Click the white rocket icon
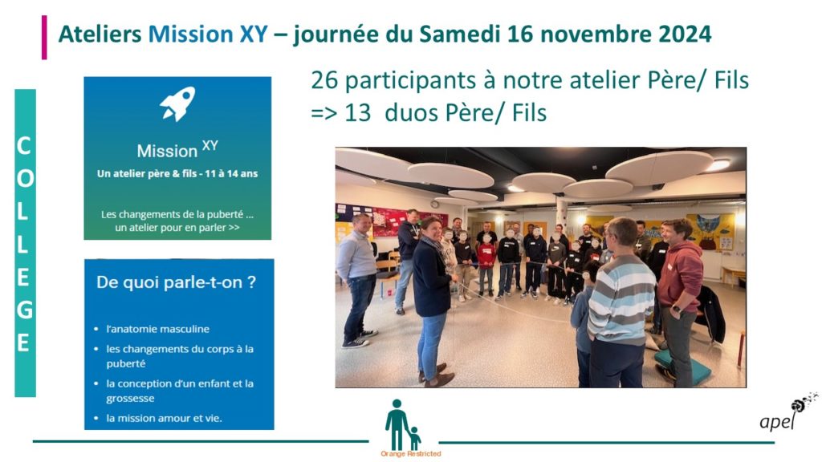(177, 103)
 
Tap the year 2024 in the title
(685, 34)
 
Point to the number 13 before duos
(357, 113)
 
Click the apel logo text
(778, 420)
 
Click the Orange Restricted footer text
(411, 454)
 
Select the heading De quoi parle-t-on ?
(176, 282)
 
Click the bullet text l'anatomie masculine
(158, 329)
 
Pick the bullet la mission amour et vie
(164, 418)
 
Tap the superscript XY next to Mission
(210, 145)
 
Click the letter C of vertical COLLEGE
(23, 146)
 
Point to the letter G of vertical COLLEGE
(24, 310)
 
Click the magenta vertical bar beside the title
(45, 37)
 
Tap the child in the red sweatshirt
(486, 265)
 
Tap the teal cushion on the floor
(682, 367)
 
